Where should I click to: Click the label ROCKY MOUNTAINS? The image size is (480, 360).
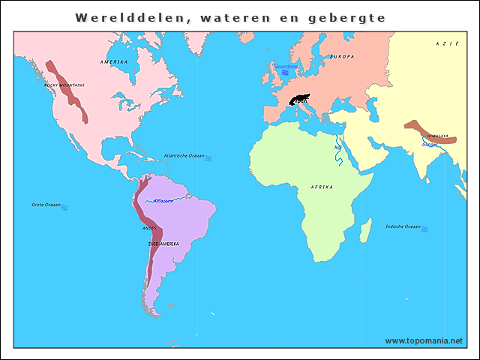[64, 85]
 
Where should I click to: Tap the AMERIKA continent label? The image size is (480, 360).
[114, 61]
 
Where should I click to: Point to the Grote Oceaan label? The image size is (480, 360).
[46, 205]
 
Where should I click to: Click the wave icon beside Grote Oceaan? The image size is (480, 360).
[65, 206]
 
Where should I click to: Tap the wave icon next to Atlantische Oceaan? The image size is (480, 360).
[208, 158]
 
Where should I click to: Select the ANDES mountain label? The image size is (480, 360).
[149, 227]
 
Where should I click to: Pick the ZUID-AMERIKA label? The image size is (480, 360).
[163, 244]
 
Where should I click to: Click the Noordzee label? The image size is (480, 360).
[286, 66]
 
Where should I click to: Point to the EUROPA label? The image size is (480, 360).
[342, 56]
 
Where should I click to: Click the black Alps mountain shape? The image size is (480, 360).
[301, 100]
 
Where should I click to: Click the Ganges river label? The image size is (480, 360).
[430, 144]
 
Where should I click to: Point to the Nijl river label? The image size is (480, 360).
[337, 148]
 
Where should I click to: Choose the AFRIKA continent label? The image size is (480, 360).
[320, 186]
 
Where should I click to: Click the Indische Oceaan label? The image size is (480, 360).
[403, 226]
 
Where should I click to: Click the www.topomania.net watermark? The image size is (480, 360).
[424, 340]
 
